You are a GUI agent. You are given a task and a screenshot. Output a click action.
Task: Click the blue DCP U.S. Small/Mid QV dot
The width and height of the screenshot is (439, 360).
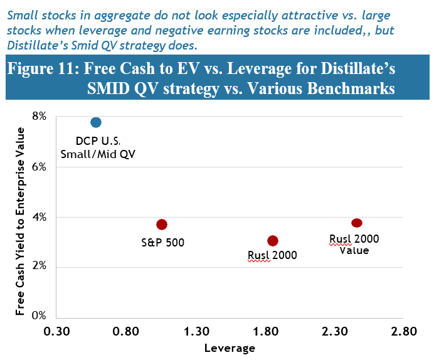96,122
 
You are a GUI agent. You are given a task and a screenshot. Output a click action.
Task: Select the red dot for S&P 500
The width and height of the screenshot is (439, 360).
162,225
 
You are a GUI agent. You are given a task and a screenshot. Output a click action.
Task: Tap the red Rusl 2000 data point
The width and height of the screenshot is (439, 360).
273,241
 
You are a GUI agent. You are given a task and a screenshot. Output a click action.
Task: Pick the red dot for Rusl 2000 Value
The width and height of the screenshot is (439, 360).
357,223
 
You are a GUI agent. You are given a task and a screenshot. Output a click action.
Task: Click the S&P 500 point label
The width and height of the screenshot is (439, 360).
162,241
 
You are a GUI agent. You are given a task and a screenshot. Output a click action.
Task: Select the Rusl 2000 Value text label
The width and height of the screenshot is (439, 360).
354,244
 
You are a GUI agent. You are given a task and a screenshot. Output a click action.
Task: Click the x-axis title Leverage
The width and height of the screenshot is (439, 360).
230,347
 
